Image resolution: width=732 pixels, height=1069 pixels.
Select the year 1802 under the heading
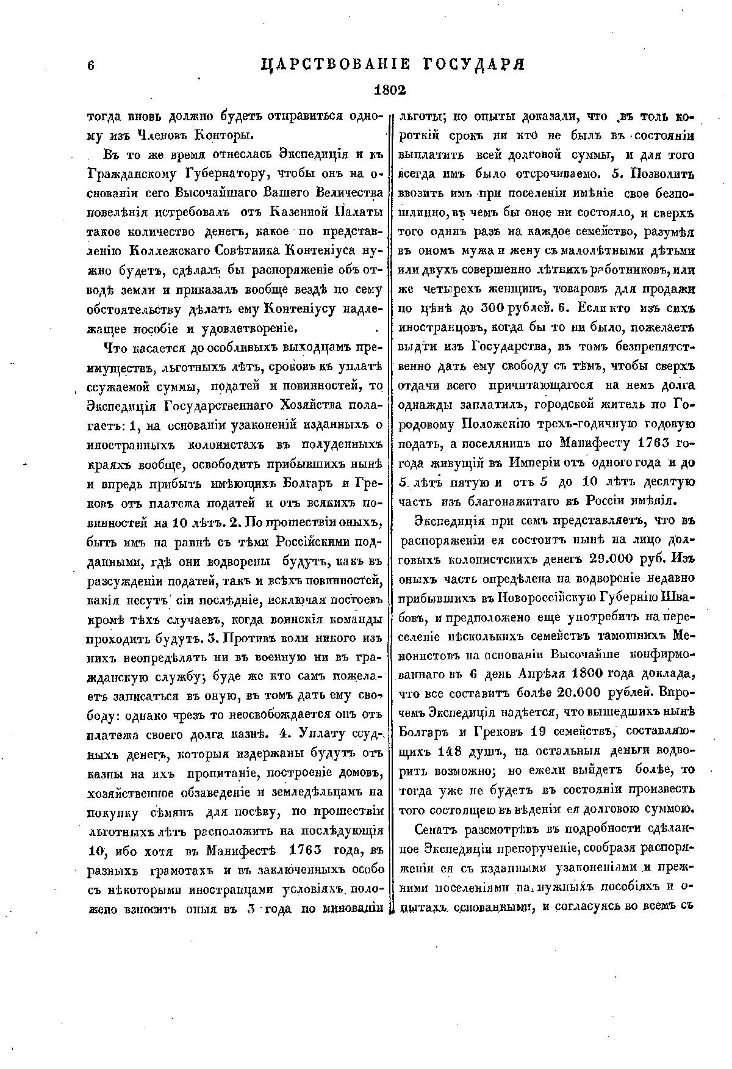390,90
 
